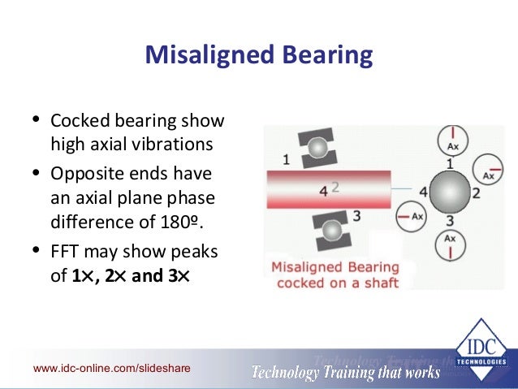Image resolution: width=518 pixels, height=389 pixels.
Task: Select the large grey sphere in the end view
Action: (450, 192)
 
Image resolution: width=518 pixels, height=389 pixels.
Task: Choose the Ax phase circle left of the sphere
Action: (412, 217)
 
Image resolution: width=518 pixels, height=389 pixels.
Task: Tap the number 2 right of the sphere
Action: (477, 193)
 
